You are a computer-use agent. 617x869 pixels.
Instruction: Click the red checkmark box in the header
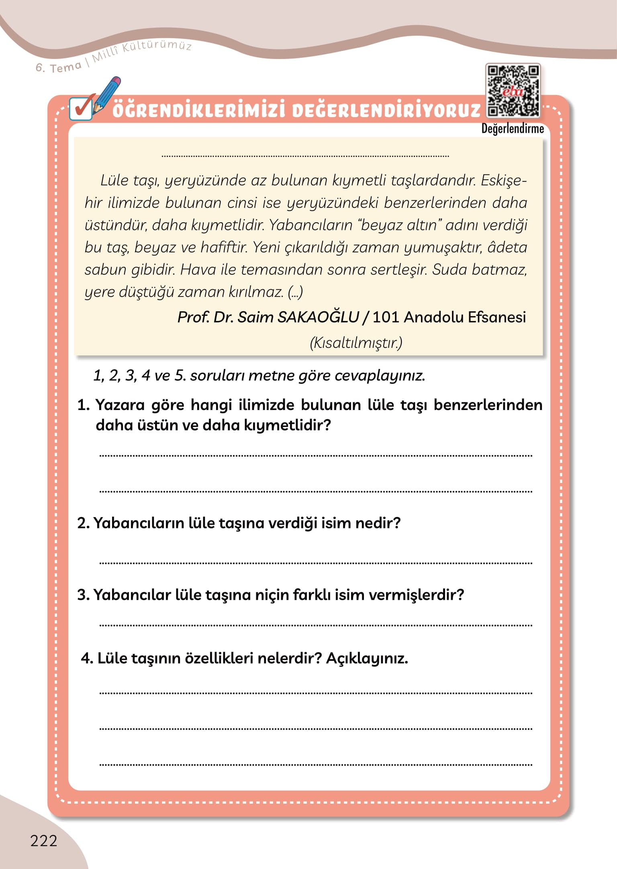[x=82, y=108]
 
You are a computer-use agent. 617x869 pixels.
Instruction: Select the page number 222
[x=44, y=841]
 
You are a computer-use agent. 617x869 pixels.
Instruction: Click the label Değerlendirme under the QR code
[x=513, y=129]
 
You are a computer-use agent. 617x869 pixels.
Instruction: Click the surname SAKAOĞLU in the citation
[x=318, y=317]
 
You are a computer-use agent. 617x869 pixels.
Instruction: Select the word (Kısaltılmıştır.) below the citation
[x=356, y=343]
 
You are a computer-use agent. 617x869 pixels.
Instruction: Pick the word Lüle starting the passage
[x=114, y=181]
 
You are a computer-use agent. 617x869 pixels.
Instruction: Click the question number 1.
[x=83, y=405]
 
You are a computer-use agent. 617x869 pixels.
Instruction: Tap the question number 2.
[x=83, y=523]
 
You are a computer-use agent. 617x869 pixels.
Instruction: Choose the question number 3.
[x=83, y=595]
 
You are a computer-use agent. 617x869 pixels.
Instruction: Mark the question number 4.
[x=87, y=658]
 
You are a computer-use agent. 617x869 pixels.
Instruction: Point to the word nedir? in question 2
[x=378, y=523]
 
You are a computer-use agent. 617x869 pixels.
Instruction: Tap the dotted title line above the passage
[x=305, y=156]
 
